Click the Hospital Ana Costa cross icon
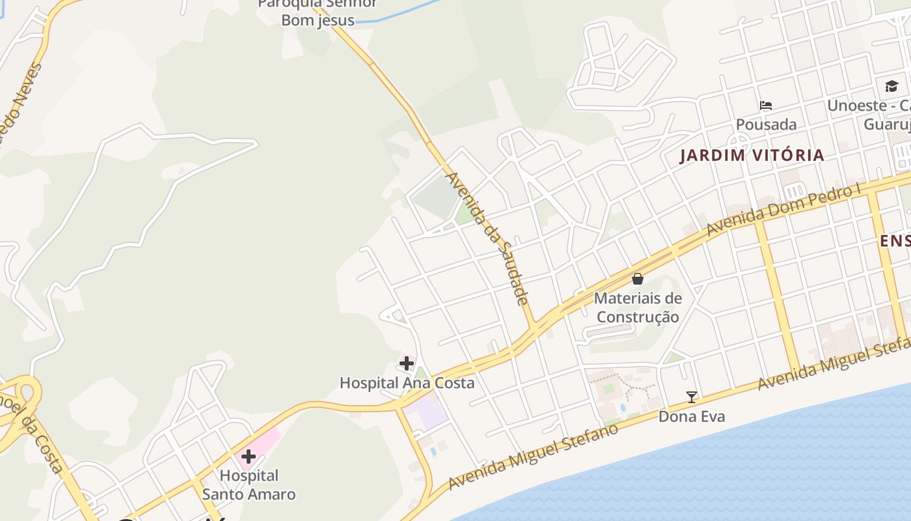coord(407,363)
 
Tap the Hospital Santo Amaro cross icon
coord(248,457)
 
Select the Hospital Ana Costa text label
coord(407,383)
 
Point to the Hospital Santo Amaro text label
coord(249,485)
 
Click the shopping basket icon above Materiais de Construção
coord(638,279)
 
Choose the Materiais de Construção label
coord(638,307)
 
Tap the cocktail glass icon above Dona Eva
coord(692,397)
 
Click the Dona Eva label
coord(692,416)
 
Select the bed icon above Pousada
coord(766,106)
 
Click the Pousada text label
coord(766,124)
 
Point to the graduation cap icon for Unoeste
coord(891,86)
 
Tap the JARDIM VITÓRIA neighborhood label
coord(752,156)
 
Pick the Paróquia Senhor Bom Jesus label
coord(318,12)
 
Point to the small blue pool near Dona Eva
coord(621,408)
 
